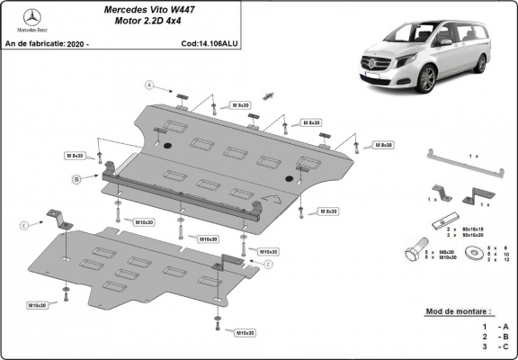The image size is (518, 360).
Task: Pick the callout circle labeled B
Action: (76, 180)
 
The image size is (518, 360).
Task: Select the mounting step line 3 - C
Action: (496, 345)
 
